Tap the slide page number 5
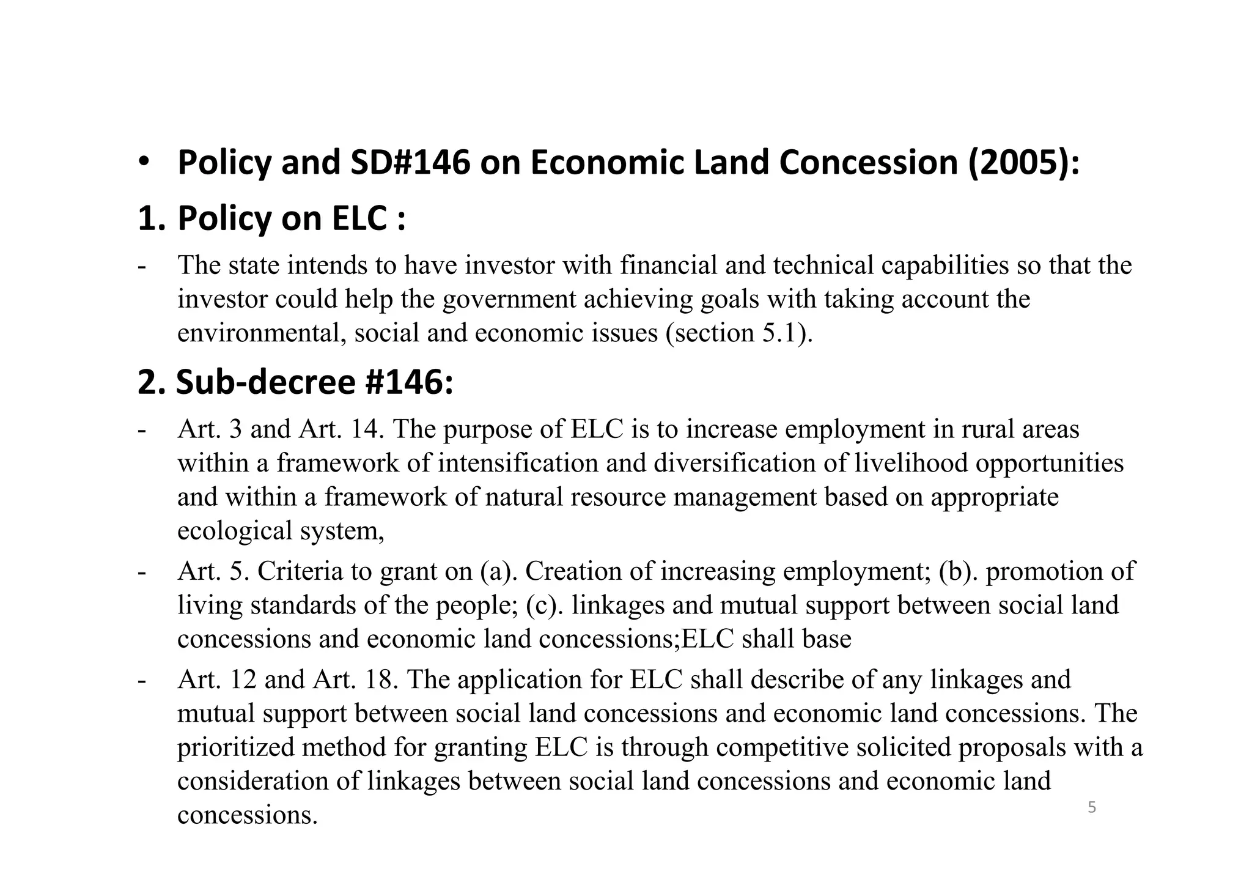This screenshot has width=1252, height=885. click(1092, 808)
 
